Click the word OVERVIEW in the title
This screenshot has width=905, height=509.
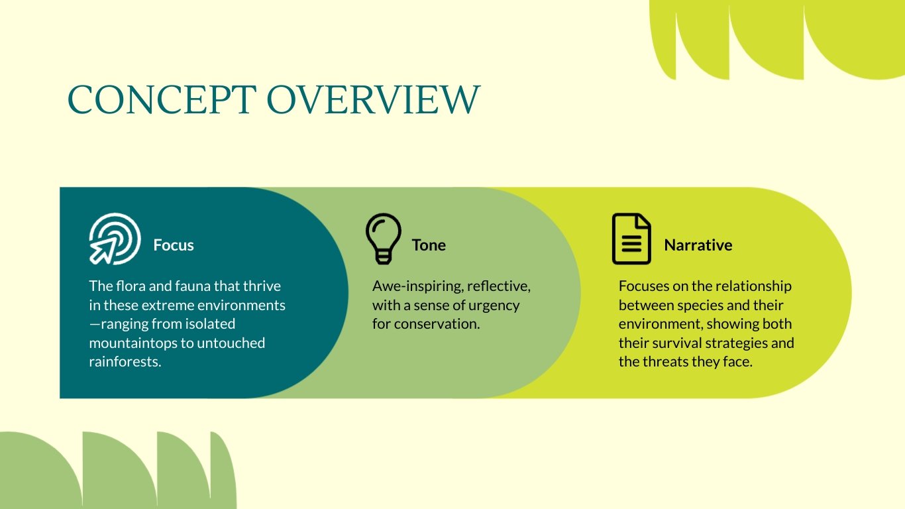tap(372, 99)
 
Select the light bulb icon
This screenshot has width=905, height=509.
tap(383, 239)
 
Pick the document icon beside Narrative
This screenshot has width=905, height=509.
tap(631, 239)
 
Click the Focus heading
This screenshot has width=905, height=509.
tap(174, 245)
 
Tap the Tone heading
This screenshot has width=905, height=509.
tap(429, 245)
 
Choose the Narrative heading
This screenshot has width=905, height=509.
tap(698, 245)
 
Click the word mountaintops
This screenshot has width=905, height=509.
tap(130, 343)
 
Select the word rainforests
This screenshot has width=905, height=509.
tap(125, 363)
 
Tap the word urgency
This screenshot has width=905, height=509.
tap(497, 306)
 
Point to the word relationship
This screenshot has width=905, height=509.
tap(752, 286)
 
